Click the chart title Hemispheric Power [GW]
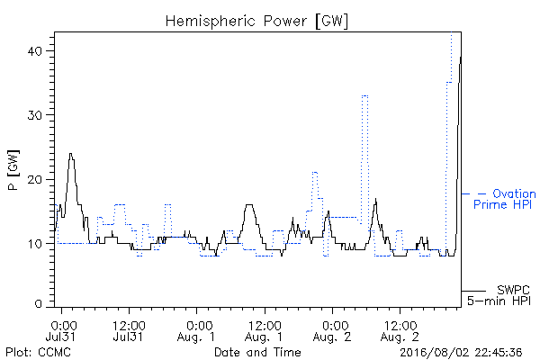[256, 22]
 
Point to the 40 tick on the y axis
[34, 51]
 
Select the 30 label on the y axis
[34, 115]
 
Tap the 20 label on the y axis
[34, 179]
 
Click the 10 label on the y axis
[35, 244]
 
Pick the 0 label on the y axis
[38, 304]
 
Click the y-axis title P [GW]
[13, 170]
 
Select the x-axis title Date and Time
[257, 352]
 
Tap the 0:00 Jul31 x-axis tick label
[63, 330]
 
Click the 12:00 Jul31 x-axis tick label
[129, 330]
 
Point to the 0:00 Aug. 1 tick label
[196, 330]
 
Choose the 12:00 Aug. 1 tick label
[264, 330]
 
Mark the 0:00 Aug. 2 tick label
[332, 330]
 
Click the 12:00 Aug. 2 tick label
[400, 330]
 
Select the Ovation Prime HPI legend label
[505, 199]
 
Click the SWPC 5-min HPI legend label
[499, 295]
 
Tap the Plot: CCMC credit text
[38, 352]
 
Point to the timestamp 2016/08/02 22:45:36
[461, 353]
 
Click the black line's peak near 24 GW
[70, 154]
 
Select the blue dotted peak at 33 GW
[364, 95]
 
